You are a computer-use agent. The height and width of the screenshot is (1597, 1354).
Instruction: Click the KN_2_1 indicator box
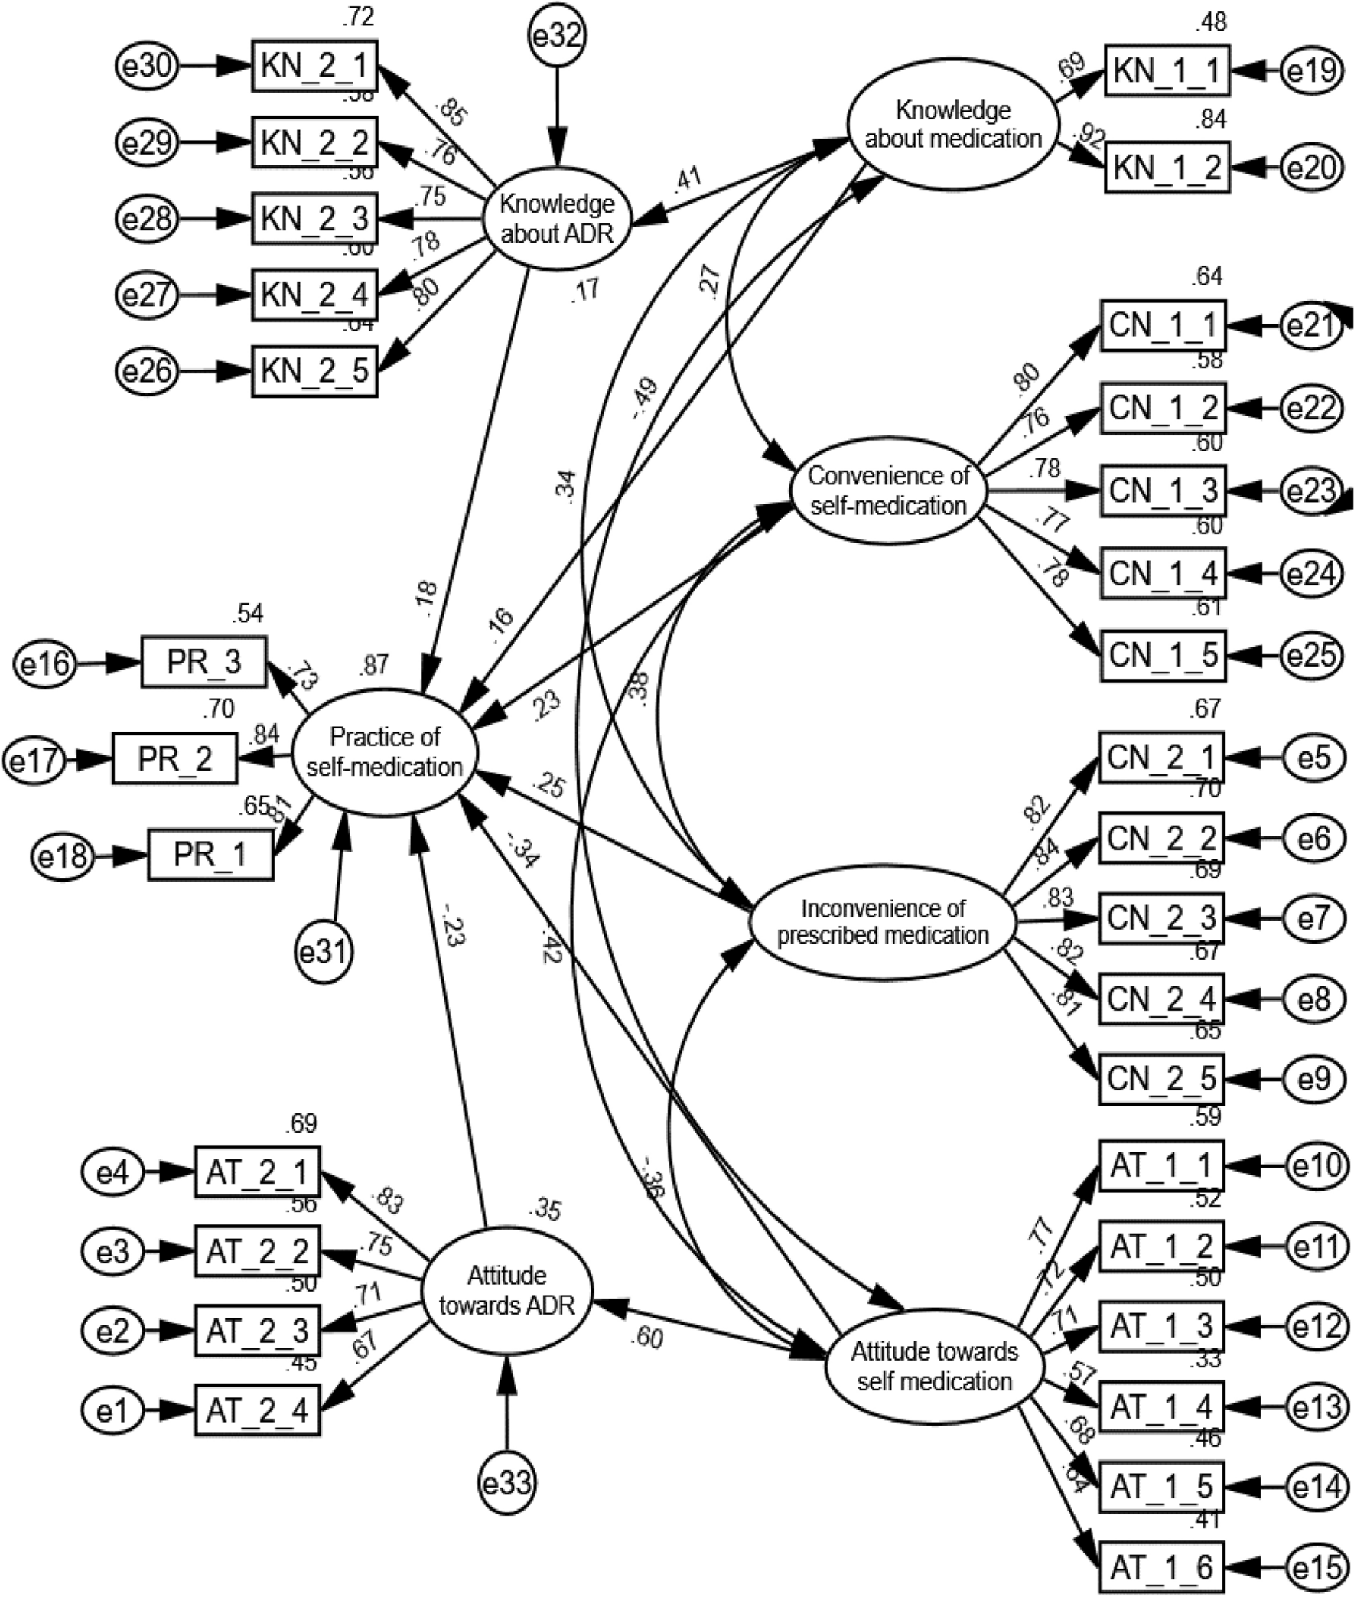314,67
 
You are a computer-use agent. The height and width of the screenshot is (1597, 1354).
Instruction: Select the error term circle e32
557,36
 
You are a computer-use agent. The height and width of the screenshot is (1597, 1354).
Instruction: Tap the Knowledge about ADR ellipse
557,218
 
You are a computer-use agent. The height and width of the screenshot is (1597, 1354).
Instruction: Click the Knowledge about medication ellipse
953,125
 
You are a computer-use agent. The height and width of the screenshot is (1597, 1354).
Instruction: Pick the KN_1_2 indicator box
1167,168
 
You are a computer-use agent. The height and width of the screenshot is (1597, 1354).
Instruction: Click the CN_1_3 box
1163,491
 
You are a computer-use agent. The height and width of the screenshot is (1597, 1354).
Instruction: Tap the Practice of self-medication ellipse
385,751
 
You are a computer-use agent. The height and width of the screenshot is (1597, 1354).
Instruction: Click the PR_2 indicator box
174,758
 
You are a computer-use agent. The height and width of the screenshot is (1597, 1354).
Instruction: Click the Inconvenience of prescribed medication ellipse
883,922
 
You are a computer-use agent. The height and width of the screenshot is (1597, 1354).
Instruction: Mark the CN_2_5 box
1161,1080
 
